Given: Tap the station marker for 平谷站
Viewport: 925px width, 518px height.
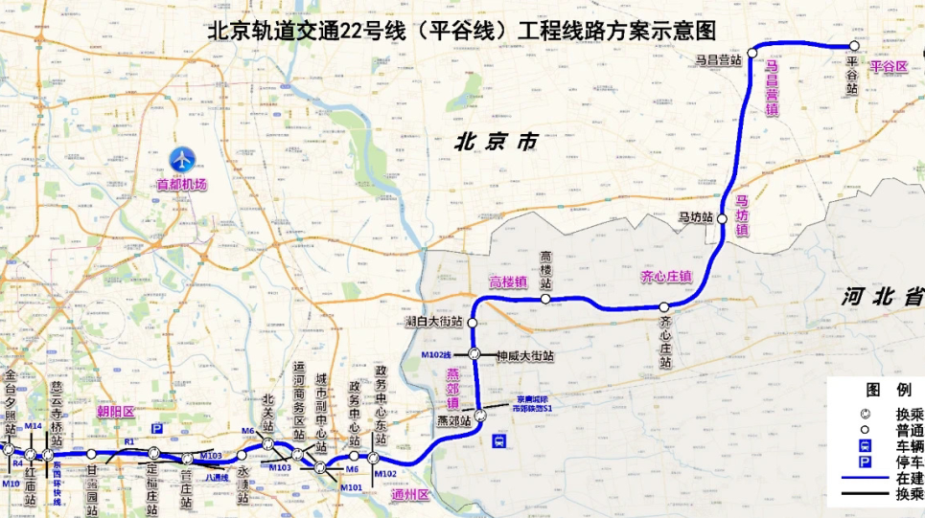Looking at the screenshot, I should coord(853,46).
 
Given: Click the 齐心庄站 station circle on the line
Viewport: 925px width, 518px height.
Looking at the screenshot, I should coord(664,306).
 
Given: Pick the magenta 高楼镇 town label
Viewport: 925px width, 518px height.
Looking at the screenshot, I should coord(508,282).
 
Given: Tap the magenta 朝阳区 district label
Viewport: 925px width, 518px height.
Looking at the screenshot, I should coord(115,412).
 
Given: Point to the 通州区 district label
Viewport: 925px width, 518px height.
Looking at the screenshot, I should coord(410,494).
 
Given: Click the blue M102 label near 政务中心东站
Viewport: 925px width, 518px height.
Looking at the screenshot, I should coord(385,474).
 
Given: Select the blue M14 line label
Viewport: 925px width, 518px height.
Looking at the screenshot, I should coord(34,425).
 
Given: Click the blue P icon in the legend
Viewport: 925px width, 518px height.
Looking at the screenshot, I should coord(865,462).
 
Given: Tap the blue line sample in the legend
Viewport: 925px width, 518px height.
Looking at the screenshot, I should coord(863,478).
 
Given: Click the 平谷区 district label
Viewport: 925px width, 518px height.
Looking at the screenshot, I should coord(888,67).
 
